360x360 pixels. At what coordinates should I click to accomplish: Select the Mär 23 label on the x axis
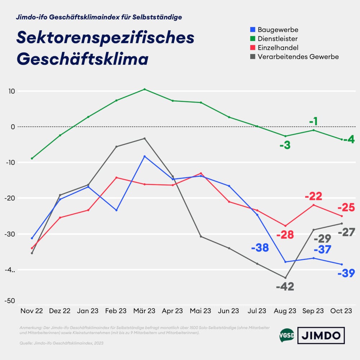click(144, 311)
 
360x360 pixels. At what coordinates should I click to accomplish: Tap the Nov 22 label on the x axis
click(32, 311)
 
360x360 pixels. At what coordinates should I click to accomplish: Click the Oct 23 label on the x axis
click(342, 311)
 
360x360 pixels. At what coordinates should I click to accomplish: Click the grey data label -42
click(285, 287)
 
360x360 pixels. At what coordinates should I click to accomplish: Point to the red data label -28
click(285, 235)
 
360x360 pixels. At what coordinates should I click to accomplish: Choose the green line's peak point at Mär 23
click(145, 89)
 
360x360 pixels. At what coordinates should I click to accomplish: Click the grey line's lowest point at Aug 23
click(285, 278)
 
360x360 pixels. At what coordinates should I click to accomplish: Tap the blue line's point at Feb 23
click(116, 210)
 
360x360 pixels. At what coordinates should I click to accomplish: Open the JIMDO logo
click(321, 336)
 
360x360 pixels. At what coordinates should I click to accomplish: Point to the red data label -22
click(313, 197)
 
